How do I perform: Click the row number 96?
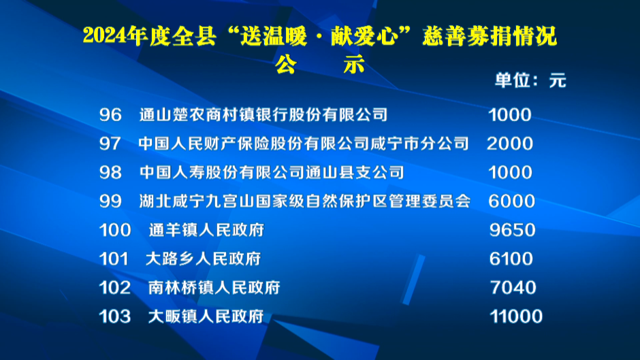point(110,115)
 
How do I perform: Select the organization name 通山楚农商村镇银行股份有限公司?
point(263,115)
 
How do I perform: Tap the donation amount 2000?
point(510,144)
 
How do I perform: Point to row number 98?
point(110,172)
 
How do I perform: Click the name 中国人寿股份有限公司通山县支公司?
point(272,172)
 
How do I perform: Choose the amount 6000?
point(511,201)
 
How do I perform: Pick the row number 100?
point(115,230)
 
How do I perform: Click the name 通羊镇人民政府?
point(206,230)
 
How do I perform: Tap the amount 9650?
point(512,230)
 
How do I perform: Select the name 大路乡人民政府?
point(204,259)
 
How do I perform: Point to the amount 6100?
point(511,259)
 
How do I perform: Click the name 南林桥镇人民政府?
point(214,288)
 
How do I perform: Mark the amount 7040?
point(513,288)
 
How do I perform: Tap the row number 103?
point(115,316)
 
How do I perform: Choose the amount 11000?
point(516,316)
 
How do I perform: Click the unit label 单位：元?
point(530,80)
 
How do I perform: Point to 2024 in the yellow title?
point(104,36)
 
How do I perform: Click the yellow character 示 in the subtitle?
point(353,65)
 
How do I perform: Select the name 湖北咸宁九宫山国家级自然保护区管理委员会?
point(305,201)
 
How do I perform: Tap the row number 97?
point(110,144)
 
